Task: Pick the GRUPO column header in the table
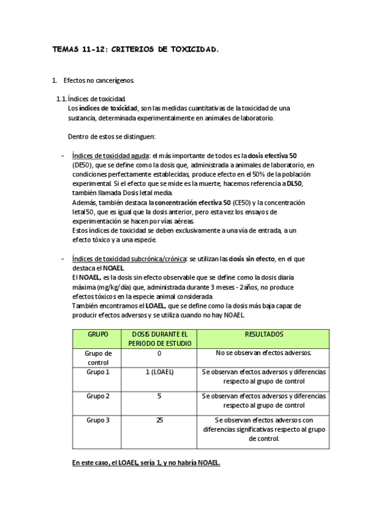pos(98,334)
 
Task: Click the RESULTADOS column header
pos(264,334)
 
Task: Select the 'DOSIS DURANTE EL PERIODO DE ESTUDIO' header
pos(159,338)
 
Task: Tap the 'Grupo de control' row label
pos(98,357)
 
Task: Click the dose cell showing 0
pos(159,354)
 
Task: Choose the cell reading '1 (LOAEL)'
pos(159,372)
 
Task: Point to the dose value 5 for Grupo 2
pos(159,396)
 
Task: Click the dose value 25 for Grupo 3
pos(159,420)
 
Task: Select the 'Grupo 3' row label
pos(98,420)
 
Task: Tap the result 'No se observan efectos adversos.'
pos(264,354)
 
